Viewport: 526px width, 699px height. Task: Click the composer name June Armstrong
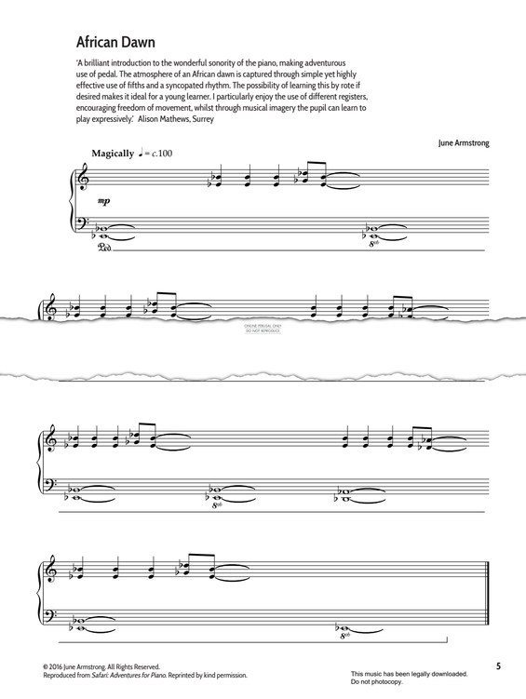pos(462,143)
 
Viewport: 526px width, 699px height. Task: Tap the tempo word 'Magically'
pos(113,153)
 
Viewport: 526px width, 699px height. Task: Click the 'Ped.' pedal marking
pos(103,247)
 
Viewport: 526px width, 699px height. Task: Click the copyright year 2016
pos(62,667)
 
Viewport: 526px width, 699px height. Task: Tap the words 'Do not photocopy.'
pos(378,682)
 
